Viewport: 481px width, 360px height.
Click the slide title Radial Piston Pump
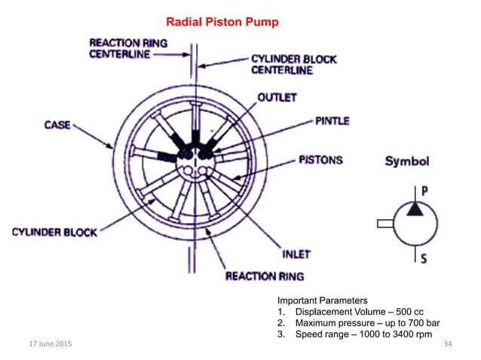tap(222, 23)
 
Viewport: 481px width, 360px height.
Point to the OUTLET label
tap(277, 98)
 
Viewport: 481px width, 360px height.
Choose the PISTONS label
tap(320, 160)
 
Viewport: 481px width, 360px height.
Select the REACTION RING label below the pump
tap(265, 276)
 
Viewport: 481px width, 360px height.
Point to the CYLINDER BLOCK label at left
tap(54, 232)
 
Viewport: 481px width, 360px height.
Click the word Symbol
tap(407, 161)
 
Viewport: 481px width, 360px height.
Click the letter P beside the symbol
tap(424, 191)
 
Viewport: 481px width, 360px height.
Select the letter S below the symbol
tap(424, 258)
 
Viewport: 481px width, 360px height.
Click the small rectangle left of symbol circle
tap(384, 224)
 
